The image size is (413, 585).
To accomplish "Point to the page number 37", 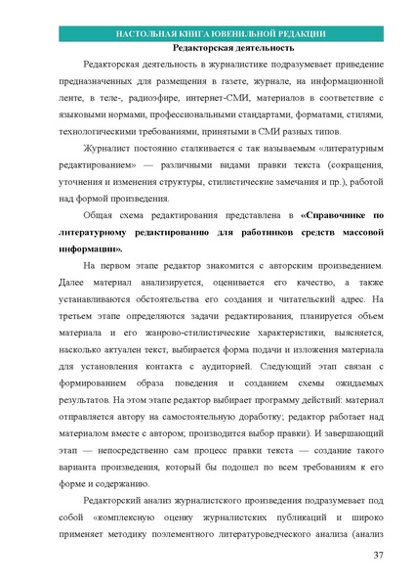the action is click(378, 556).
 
